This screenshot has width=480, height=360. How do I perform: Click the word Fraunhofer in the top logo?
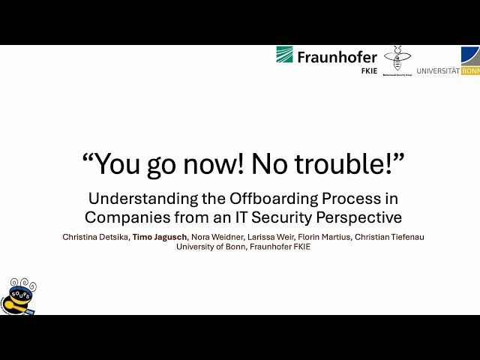(x=337, y=57)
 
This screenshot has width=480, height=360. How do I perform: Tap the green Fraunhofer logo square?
(x=284, y=55)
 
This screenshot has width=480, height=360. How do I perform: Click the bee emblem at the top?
(x=397, y=58)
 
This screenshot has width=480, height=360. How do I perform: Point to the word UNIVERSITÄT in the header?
(x=438, y=71)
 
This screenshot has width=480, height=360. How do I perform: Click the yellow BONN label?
(x=470, y=71)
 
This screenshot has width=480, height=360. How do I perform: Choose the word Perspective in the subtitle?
(x=364, y=217)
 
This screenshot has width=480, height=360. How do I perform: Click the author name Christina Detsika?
(x=96, y=237)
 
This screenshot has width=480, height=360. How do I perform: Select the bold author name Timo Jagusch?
(x=160, y=237)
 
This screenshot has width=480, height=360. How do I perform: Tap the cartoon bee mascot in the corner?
(x=18, y=297)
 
